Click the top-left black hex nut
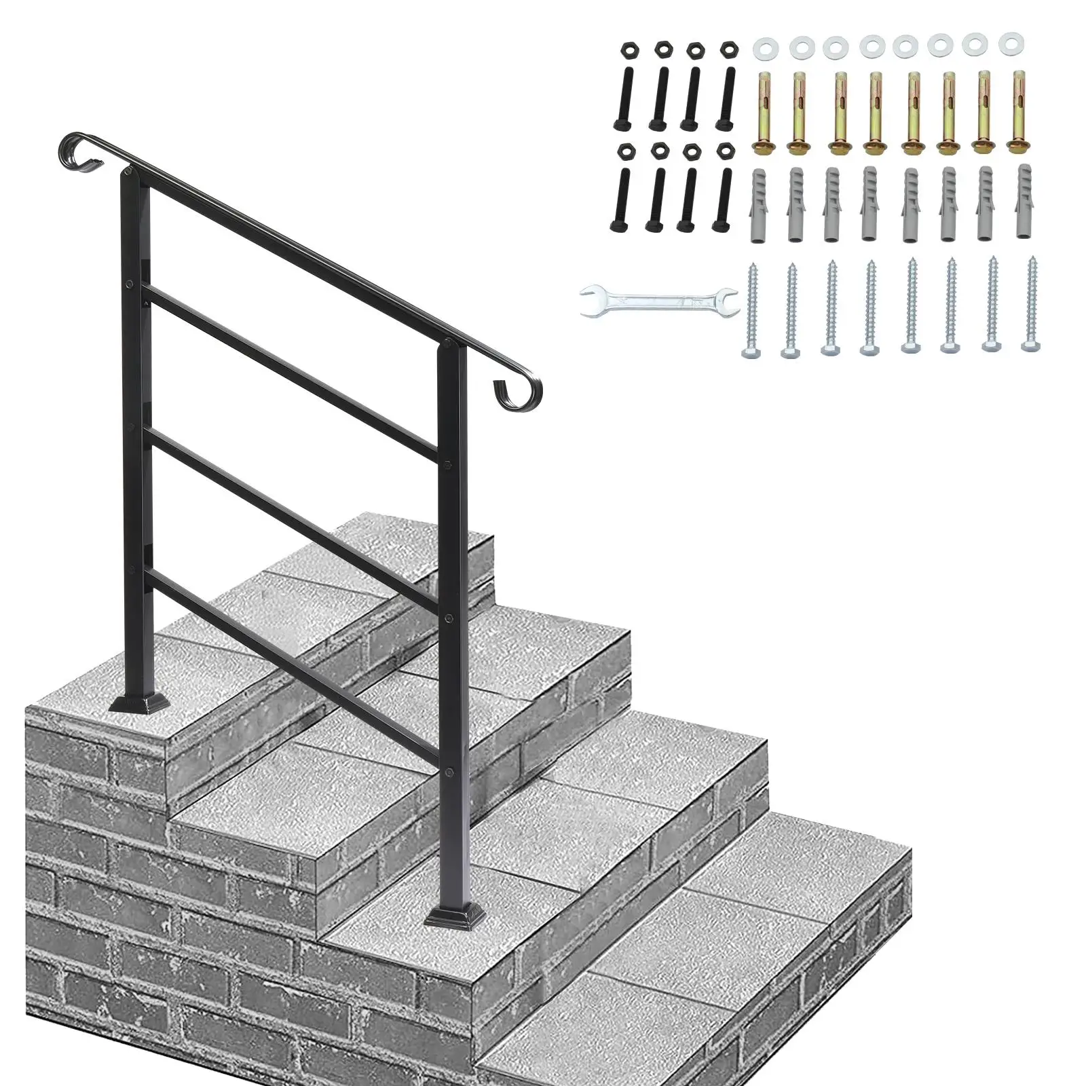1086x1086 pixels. (x=627, y=50)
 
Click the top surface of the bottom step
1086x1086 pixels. (x=713, y=950)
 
